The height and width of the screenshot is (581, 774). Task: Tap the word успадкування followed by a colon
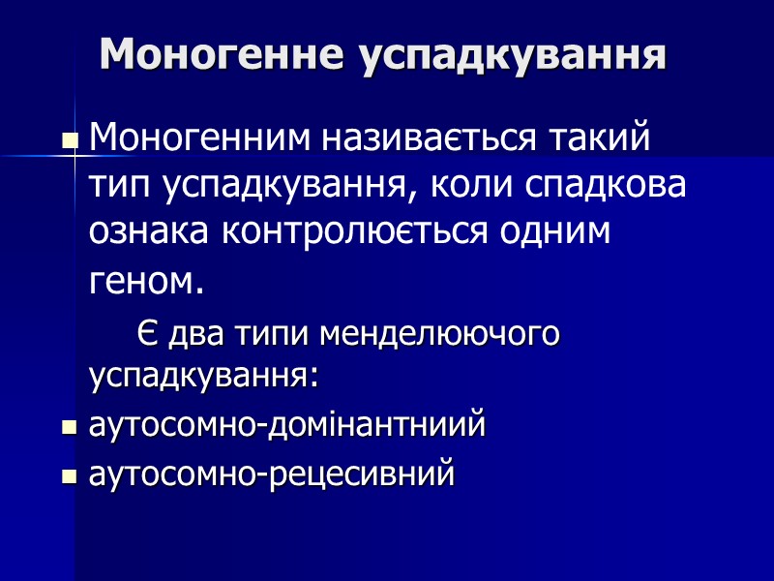coord(203,375)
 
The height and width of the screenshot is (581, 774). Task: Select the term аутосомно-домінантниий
coord(287,425)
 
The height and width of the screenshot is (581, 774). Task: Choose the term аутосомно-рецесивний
coord(272,474)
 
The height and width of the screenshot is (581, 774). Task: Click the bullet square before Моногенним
coord(70,141)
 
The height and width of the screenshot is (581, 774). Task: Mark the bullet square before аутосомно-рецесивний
coord(70,477)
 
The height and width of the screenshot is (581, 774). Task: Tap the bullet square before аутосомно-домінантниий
coord(70,428)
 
